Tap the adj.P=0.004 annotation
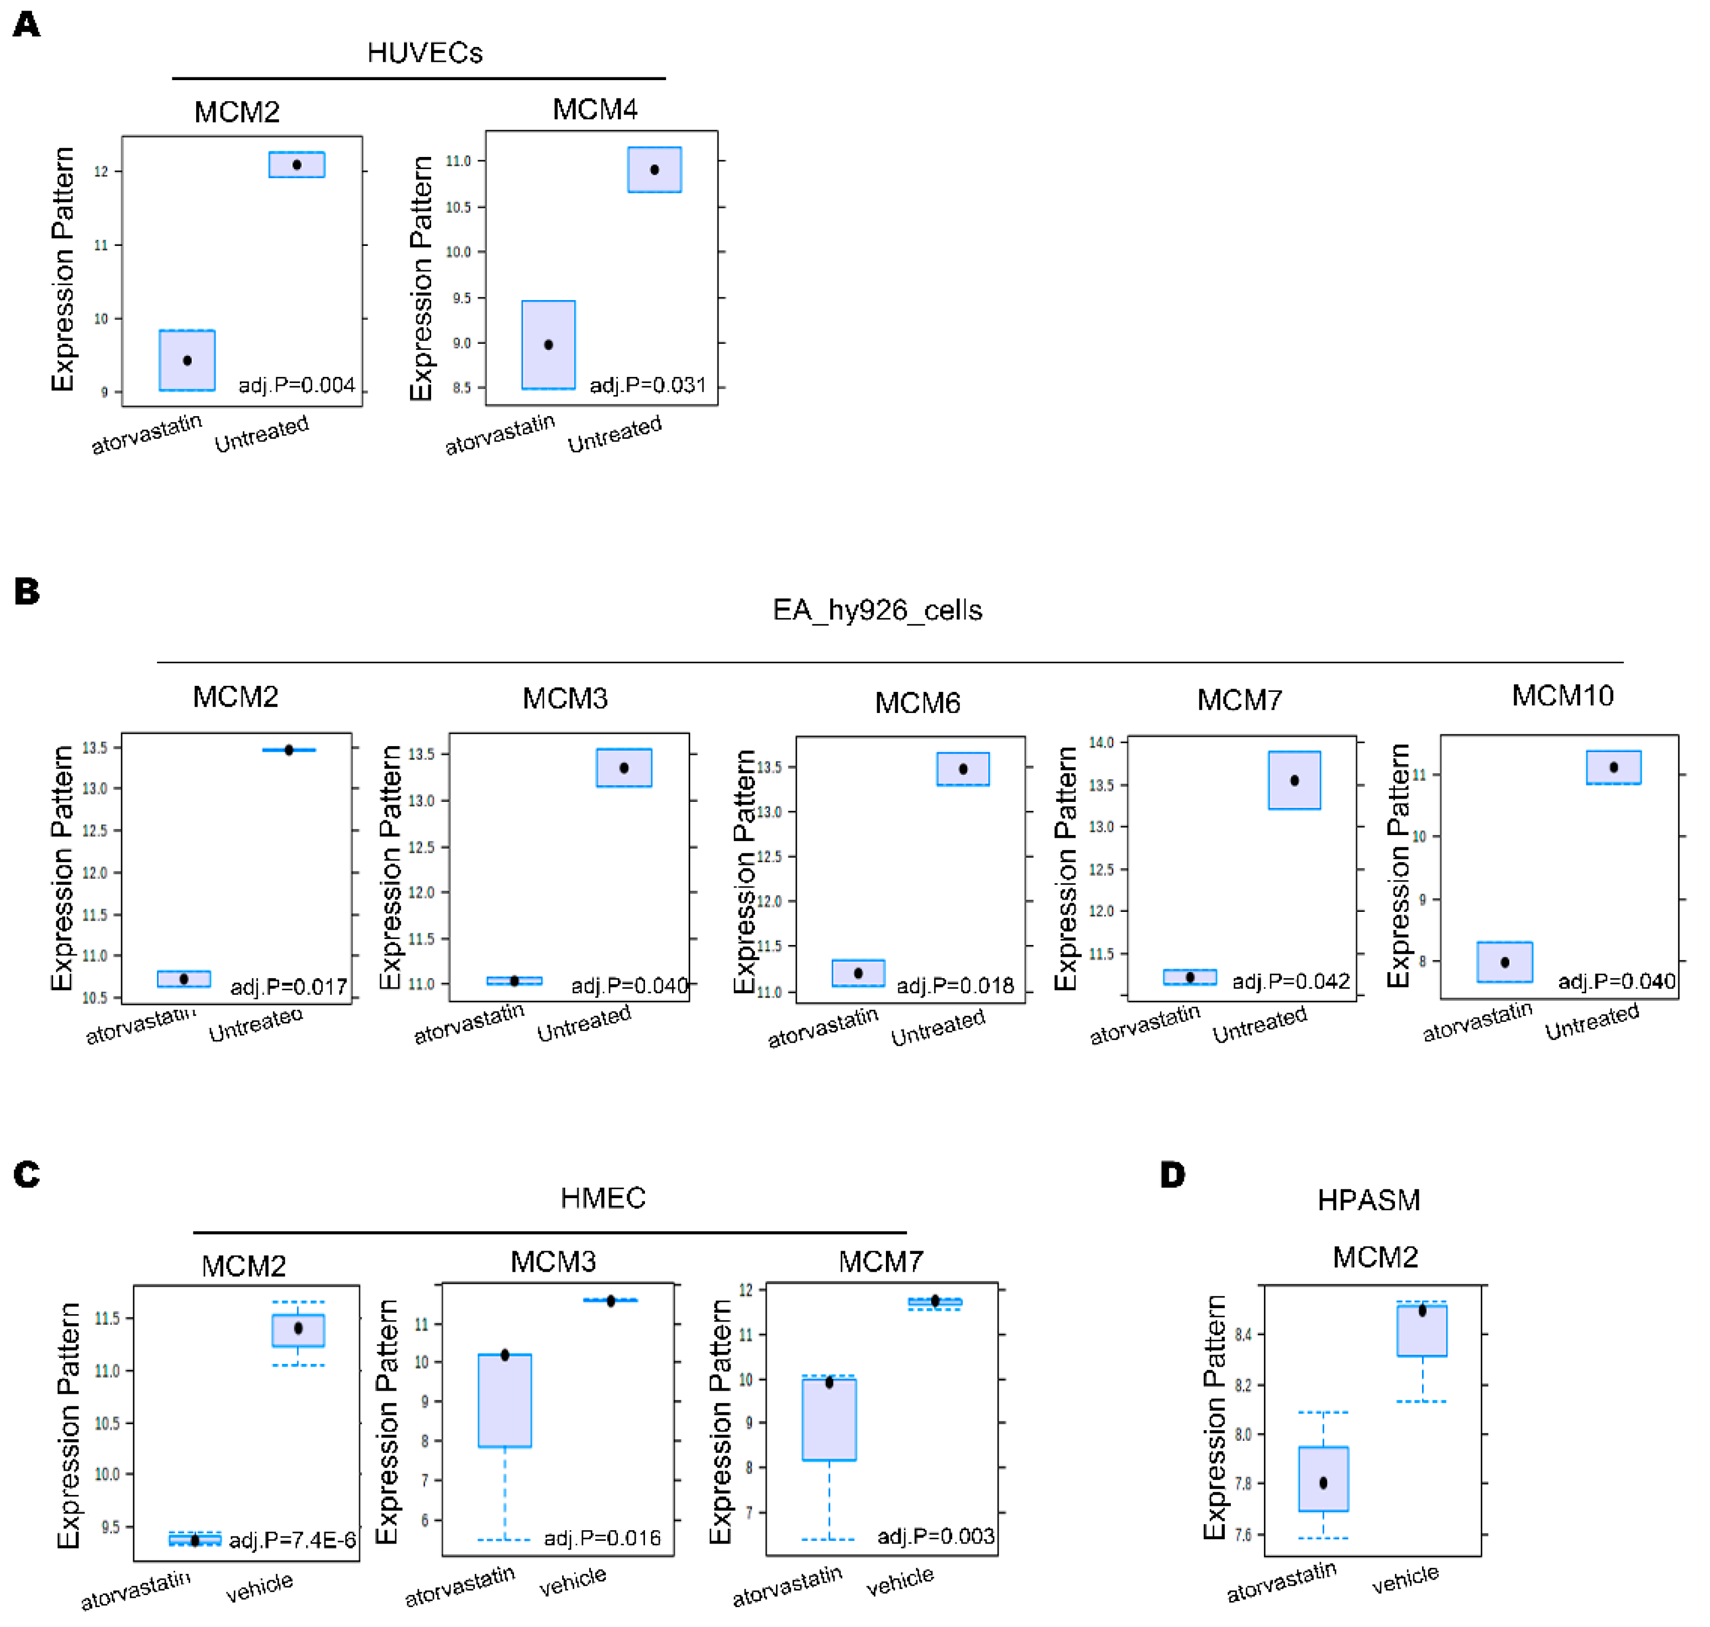[x=297, y=385]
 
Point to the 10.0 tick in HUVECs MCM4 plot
[x=458, y=253]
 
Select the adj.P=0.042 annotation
[x=1291, y=981]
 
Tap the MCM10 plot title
[x=1562, y=696]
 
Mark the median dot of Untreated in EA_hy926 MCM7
[x=1294, y=780]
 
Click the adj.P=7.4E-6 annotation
[x=292, y=1540]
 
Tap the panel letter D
[x=1172, y=1175]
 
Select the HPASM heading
[x=1368, y=1200]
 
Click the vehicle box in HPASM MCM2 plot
[x=1421, y=1330]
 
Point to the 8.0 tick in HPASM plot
[x=1242, y=1435]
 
